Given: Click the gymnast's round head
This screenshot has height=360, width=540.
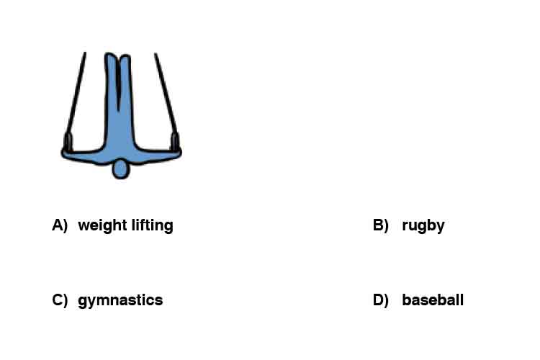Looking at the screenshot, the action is coord(120,169).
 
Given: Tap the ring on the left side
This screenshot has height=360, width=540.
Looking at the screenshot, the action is coord(68,142).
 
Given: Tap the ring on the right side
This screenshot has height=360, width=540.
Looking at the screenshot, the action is coord(175,142).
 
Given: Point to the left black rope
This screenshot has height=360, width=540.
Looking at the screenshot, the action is coord(76,93).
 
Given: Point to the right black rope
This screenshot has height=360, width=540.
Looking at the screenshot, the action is coord(166,93).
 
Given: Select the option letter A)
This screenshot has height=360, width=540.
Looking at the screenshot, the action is coord(60,225).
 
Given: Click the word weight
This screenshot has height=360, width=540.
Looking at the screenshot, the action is coord(103,226).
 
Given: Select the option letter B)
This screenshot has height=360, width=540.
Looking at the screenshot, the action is coord(381,225).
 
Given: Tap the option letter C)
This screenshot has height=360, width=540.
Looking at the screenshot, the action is coord(60,300).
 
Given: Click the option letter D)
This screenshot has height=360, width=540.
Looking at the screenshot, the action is coord(381,300).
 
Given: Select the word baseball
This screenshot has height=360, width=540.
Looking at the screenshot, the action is coord(433,300).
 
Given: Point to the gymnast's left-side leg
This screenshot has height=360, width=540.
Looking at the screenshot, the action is coord(111,89).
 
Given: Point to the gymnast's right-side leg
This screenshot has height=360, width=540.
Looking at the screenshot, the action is coord(126,89).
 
